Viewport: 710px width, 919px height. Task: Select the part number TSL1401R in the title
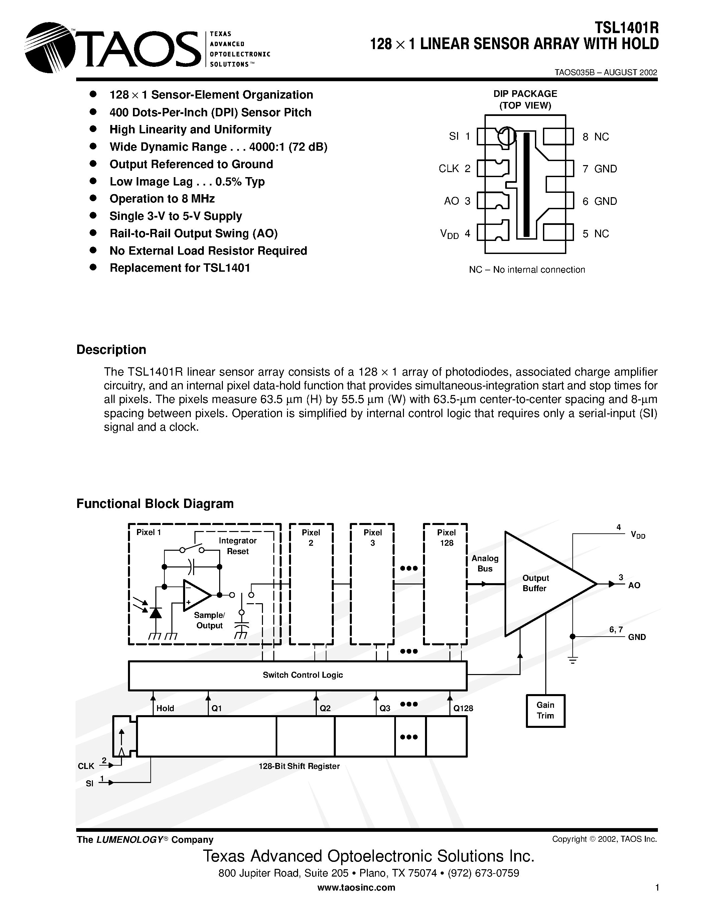pos(626,28)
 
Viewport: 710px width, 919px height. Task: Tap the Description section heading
pos(111,350)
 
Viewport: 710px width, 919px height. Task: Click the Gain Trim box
pos(546,711)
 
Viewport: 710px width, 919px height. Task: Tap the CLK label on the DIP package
pos(449,169)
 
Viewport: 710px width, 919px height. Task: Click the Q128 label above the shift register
pos(463,708)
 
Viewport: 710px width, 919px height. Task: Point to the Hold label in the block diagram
pos(165,708)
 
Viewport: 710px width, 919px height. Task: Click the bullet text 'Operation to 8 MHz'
pos(162,199)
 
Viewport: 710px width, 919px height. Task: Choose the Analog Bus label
pos(484,563)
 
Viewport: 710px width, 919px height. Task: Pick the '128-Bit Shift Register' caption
pos(299,766)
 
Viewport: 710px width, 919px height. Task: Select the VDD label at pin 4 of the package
pos(449,234)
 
